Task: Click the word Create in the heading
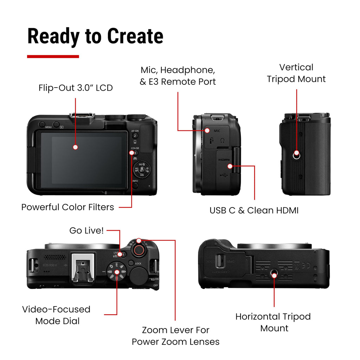tap(135, 36)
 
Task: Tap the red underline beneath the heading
tap(53, 56)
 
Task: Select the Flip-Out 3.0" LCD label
tap(76, 88)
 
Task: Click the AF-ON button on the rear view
tap(135, 135)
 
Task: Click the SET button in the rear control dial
tap(142, 170)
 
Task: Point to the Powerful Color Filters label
tap(67, 207)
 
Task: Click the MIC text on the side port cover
tap(217, 131)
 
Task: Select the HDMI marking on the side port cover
tap(224, 160)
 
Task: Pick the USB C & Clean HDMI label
tap(254, 210)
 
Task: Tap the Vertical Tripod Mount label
tap(296, 73)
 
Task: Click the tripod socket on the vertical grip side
tap(297, 153)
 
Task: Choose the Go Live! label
tap(86, 231)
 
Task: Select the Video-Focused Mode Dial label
tap(56, 315)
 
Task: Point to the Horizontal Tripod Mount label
tap(273, 322)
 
